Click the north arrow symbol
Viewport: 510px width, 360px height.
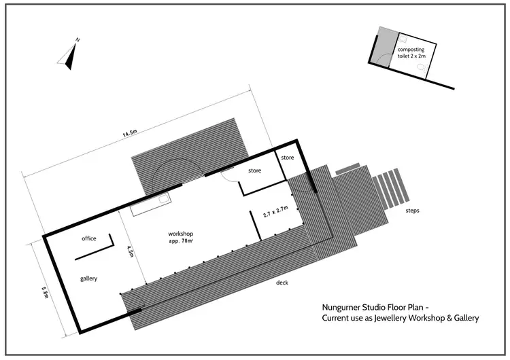pyautogui.click(x=70, y=54)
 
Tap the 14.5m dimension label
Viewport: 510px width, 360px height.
pyautogui.click(x=131, y=134)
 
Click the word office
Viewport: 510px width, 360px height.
pyautogui.click(x=88, y=238)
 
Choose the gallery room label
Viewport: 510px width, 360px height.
pyautogui.click(x=89, y=278)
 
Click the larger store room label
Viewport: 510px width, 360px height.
pyautogui.click(x=255, y=170)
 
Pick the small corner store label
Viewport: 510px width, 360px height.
pyautogui.click(x=287, y=158)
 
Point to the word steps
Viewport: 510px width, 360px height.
pyautogui.click(x=412, y=211)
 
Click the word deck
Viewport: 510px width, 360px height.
pyautogui.click(x=282, y=282)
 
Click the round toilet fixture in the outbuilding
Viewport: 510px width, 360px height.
pyautogui.click(x=423, y=68)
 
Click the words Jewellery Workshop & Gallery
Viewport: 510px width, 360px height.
pyautogui.click(x=426, y=318)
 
